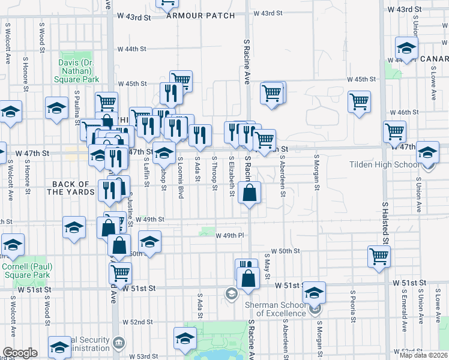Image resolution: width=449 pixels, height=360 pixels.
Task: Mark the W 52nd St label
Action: point(134,322)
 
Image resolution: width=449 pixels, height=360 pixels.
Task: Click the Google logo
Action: point(20,353)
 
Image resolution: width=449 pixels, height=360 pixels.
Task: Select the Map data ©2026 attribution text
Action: point(424,355)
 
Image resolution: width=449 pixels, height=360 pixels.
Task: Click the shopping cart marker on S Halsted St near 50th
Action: point(379,256)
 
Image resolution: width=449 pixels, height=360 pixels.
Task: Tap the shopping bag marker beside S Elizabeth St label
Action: point(250,193)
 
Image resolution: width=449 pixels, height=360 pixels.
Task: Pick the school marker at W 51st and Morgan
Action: point(314,292)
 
